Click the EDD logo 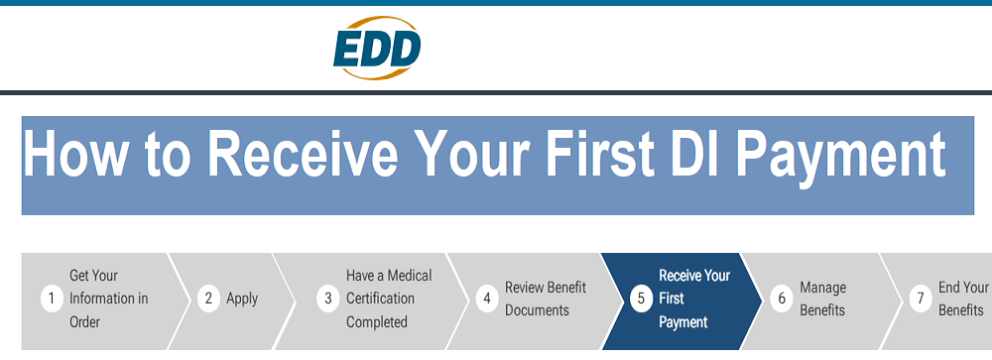pyautogui.click(x=377, y=50)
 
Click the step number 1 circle pyautogui.click(x=52, y=299)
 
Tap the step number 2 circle pyautogui.click(x=208, y=299)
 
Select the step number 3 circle pyautogui.click(x=328, y=299)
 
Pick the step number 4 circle pyautogui.click(x=487, y=299)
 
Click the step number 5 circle pyautogui.click(x=641, y=299)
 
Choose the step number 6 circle pyautogui.click(x=782, y=299)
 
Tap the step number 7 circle pyautogui.click(x=921, y=299)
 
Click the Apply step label pyautogui.click(x=242, y=299)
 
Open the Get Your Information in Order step pyautogui.click(x=108, y=299)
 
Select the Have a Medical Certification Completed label pyautogui.click(x=388, y=299)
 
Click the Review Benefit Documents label pyautogui.click(x=546, y=299)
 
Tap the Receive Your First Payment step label pyautogui.click(x=693, y=299)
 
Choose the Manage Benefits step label pyautogui.click(x=822, y=299)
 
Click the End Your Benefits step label pyautogui.click(x=963, y=299)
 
